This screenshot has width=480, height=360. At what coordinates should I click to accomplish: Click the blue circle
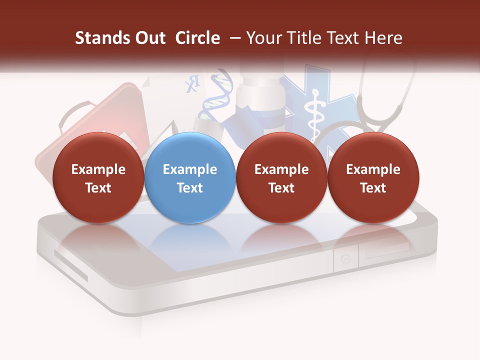[x=190, y=177]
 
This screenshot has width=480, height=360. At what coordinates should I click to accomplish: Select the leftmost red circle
[x=98, y=177]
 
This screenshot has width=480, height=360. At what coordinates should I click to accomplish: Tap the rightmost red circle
[x=373, y=177]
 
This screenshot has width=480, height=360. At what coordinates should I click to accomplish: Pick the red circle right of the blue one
[x=281, y=177]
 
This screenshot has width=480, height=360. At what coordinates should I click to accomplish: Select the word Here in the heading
[x=383, y=38]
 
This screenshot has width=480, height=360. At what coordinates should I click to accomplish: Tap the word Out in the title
[x=150, y=38]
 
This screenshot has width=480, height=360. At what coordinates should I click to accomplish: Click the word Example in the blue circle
[x=190, y=169]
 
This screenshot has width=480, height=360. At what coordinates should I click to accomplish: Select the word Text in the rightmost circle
[x=373, y=188]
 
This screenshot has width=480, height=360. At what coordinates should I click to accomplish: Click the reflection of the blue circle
[x=190, y=240]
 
